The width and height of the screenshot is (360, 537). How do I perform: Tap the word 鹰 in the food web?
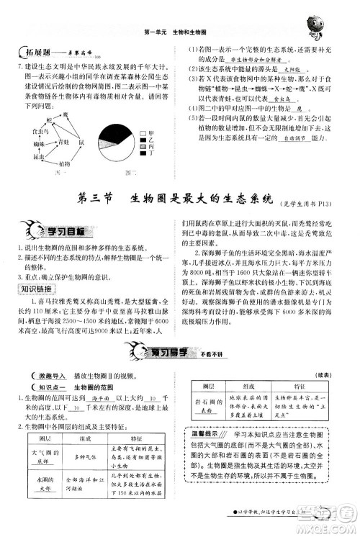64,114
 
